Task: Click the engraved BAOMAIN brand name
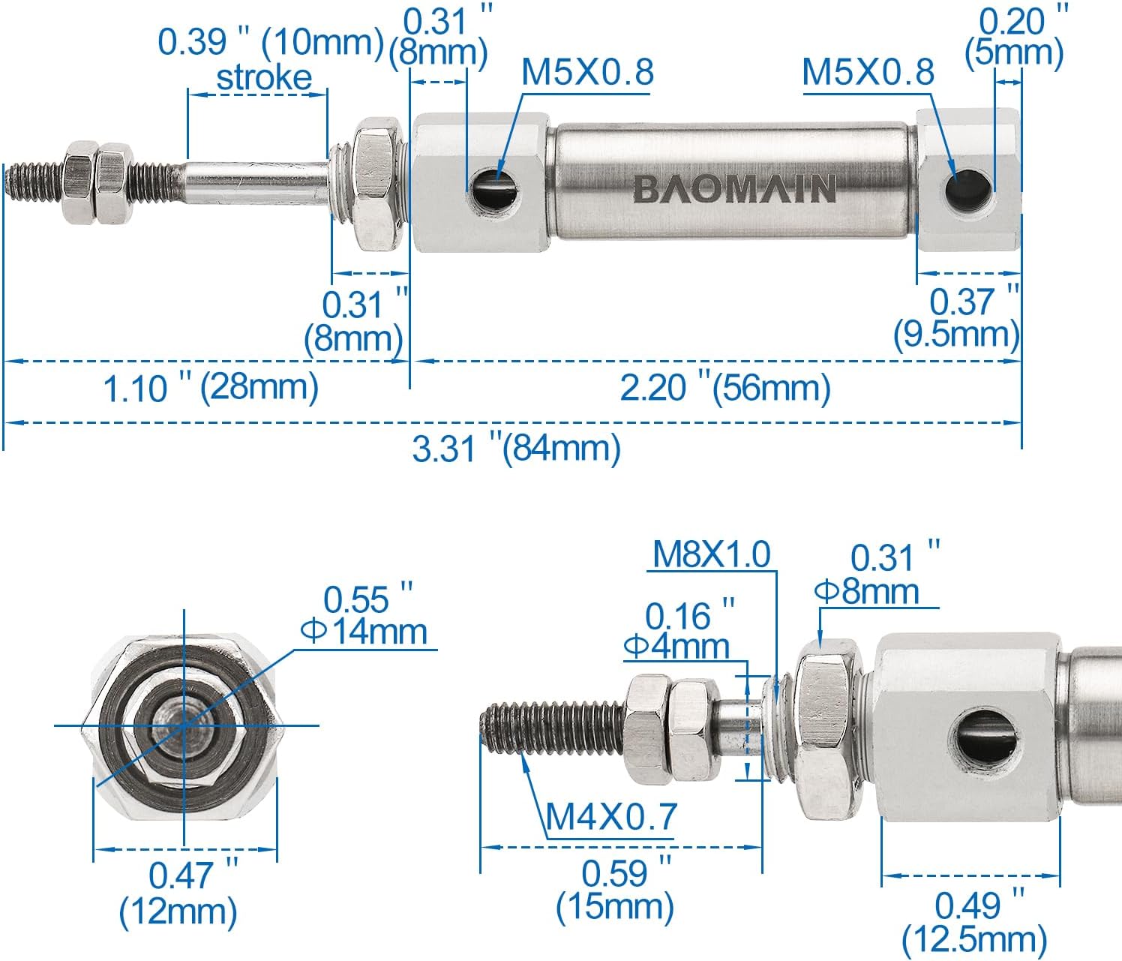pos(733,188)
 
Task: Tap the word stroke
pos(264,78)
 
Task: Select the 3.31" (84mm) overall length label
pos(517,449)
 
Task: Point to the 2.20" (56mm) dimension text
pos(725,388)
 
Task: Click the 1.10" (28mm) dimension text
pos(211,388)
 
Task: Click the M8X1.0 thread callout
pos(711,554)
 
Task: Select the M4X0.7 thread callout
pos(610,817)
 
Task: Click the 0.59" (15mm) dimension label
pos(615,890)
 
